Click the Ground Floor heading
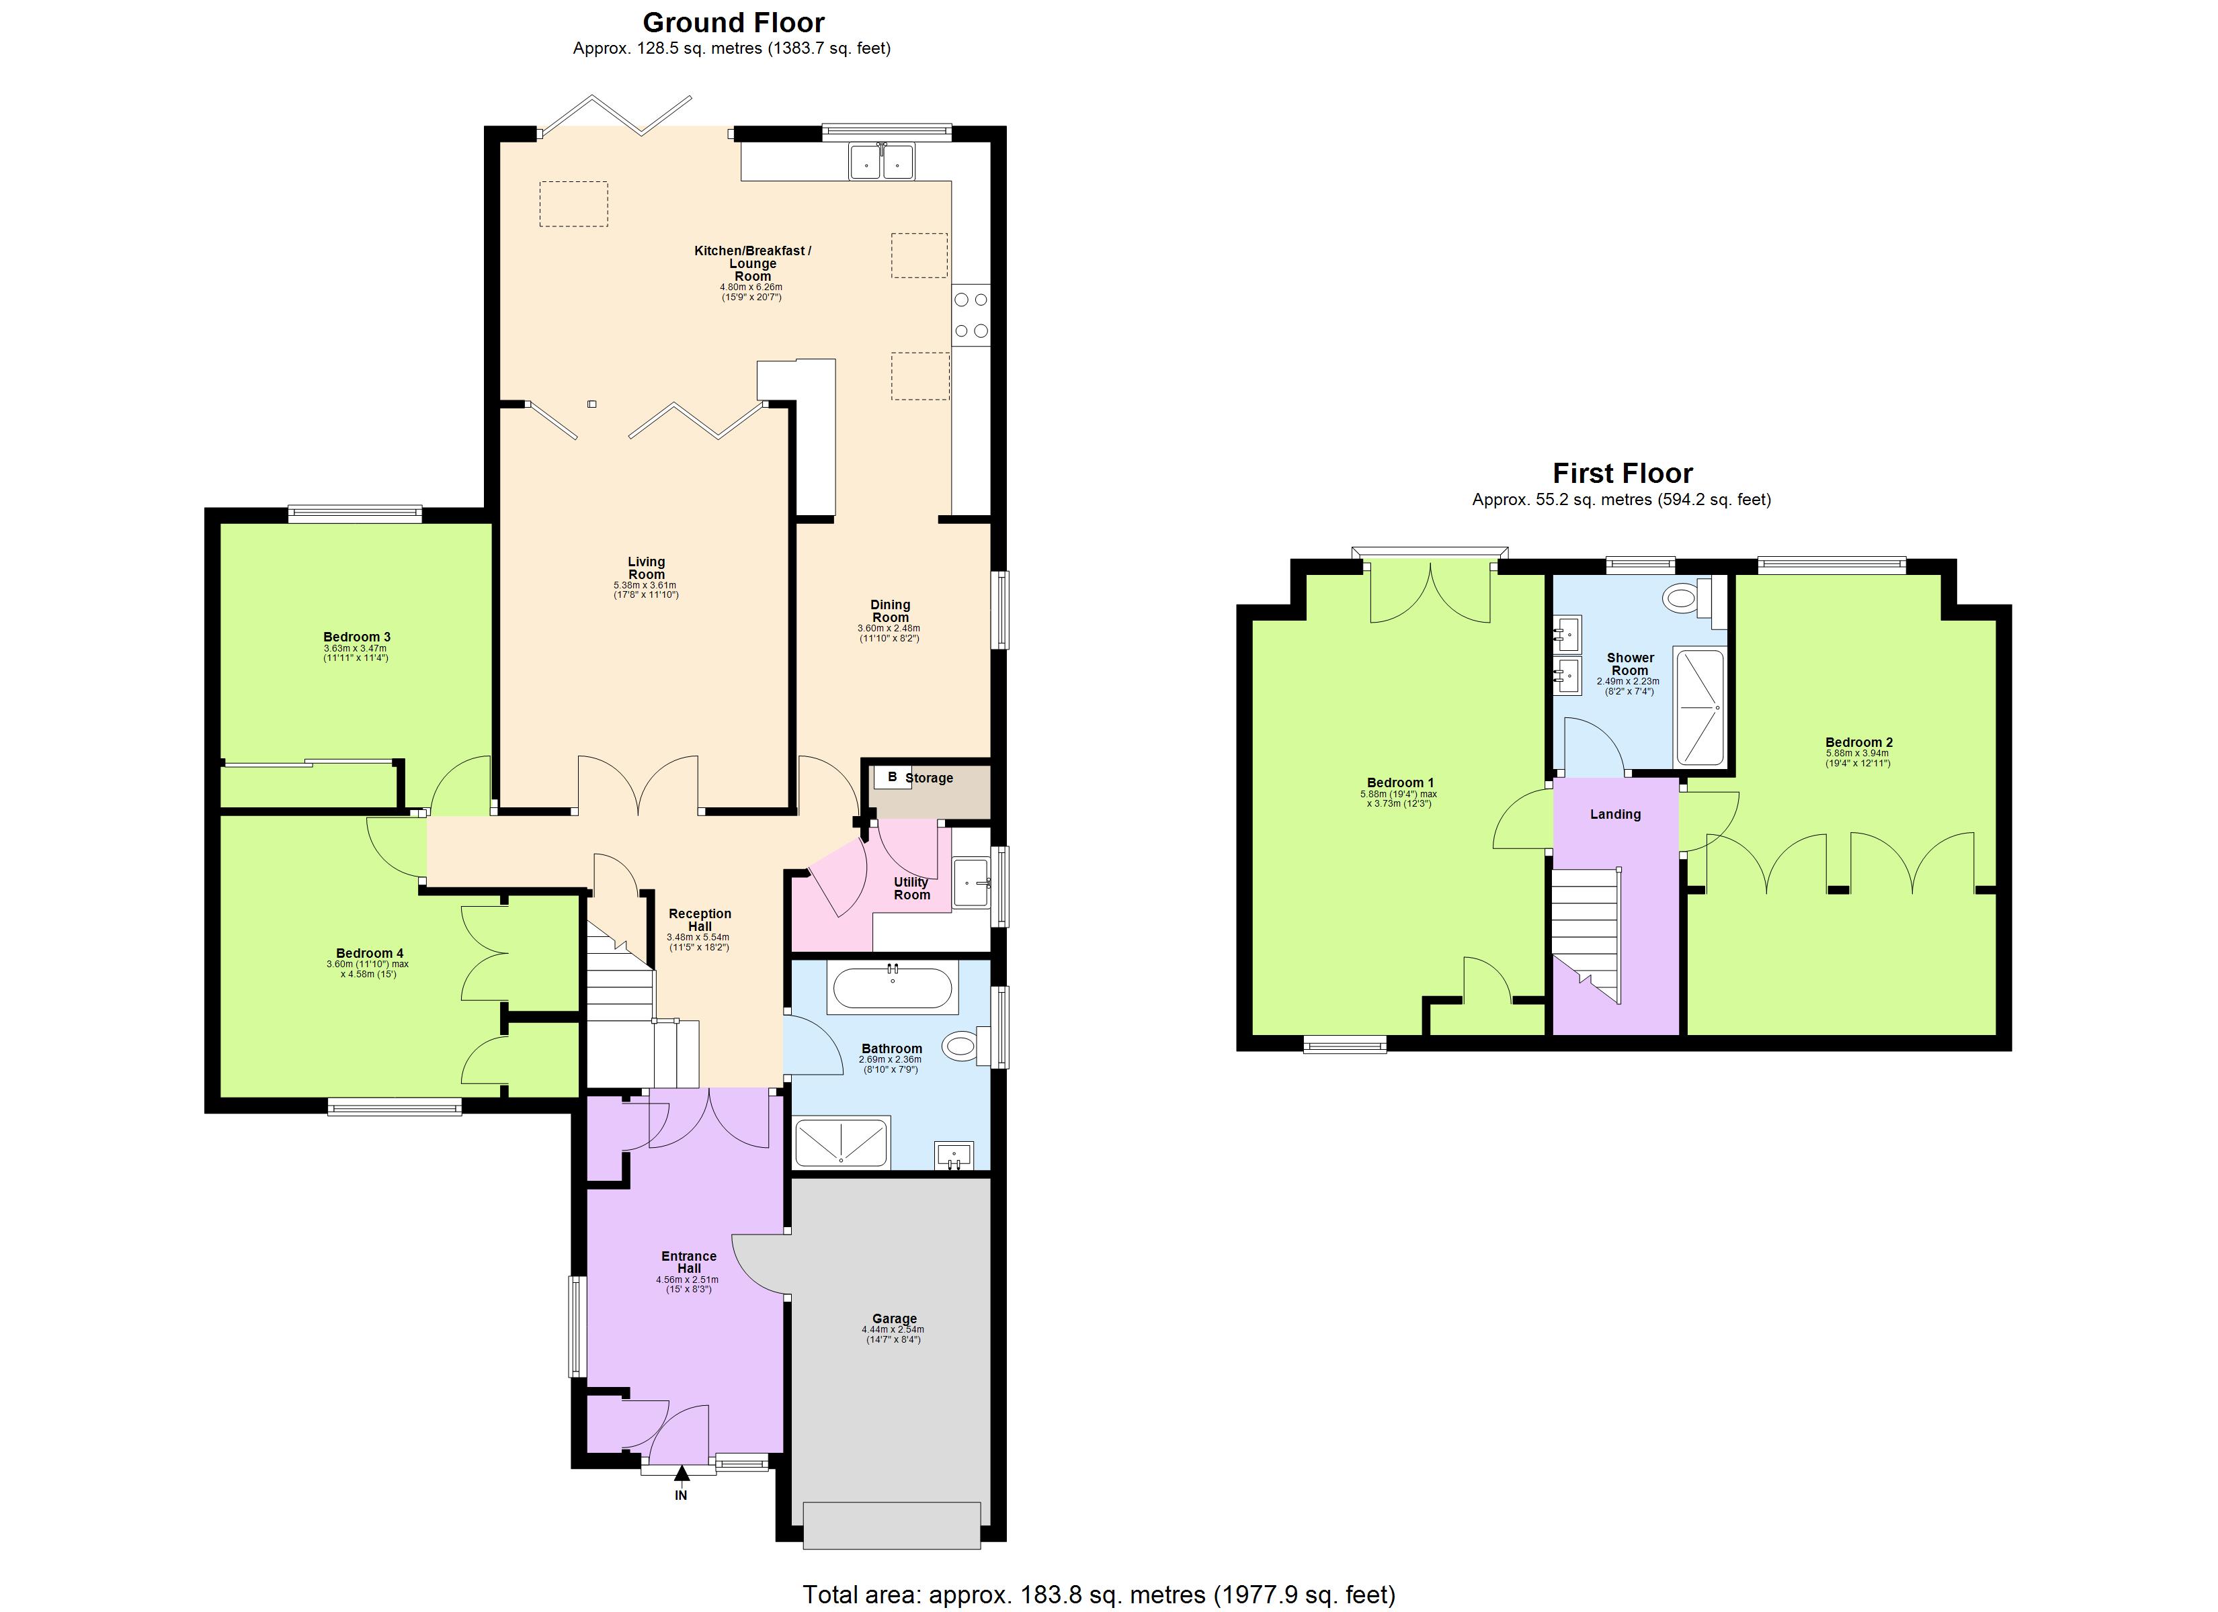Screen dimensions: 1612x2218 point(733,22)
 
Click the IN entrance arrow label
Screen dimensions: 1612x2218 point(681,1494)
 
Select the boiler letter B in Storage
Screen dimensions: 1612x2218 point(891,777)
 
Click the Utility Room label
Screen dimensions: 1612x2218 point(911,888)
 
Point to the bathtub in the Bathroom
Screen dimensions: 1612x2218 point(891,988)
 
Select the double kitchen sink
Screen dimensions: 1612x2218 point(881,161)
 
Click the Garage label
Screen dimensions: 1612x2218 point(894,1318)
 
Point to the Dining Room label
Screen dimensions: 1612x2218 point(890,611)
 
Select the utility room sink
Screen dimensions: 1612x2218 point(971,883)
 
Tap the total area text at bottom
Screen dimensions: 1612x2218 point(1098,1595)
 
